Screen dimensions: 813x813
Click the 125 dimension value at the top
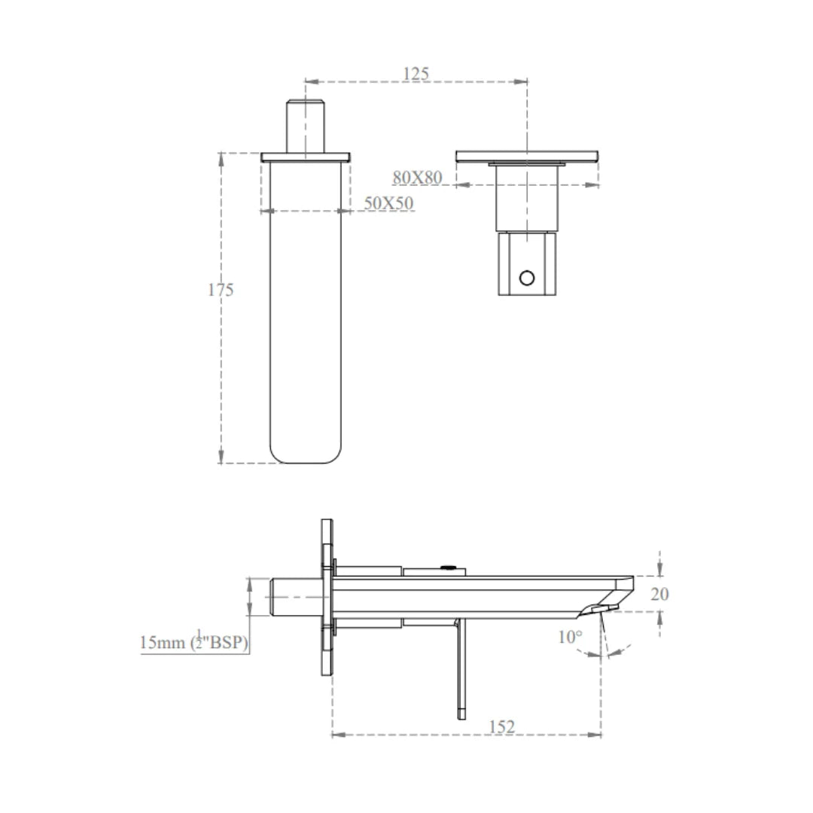pyautogui.click(x=416, y=73)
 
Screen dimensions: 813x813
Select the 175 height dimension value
pyautogui.click(x=221, y=290)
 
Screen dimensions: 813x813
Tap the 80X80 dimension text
pyautogui.click(x=416, y=178)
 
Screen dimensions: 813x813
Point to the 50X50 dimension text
pyautogui.click(x=388, y=203)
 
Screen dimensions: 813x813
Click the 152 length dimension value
pyautogui.click(x=501, y=726)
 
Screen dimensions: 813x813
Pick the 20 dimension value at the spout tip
pyautogui.click(x=659, y=594)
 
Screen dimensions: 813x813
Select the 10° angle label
pyautogui.click(x=570, y=637)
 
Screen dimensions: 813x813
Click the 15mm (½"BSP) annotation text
pyautogui.click(x=194, y=643)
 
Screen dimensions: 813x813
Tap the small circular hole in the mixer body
pyautogui.click(x=527, y=278)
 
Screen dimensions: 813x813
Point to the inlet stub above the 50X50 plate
pyautogui.click(x=305, y=126)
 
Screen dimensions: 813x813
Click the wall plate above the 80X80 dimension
pyautogui.click(x=527, y=156)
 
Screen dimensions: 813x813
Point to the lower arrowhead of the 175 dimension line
pyautogui.click(x=221, y=458)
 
